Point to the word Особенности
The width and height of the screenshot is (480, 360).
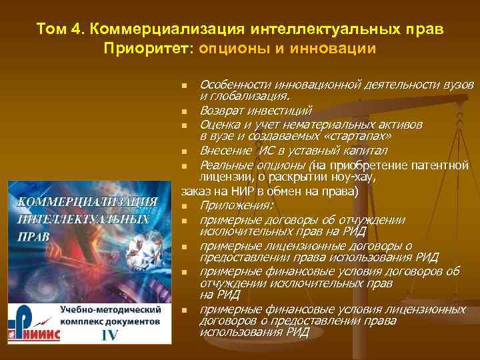point(233,85)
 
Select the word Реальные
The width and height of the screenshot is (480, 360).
point(225,165)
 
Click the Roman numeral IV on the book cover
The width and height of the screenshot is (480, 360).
point(109,335)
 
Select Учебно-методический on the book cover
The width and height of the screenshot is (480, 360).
point(111,310)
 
